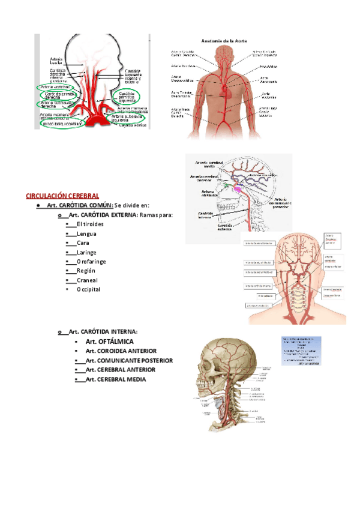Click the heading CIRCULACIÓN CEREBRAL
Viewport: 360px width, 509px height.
tap(62, 196)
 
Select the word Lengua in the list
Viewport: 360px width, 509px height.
tap(86, 234)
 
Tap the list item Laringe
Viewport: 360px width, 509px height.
tap(86, 253)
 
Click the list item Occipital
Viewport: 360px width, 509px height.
tap(88, 289)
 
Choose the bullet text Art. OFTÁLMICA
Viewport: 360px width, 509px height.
tap(109, 342)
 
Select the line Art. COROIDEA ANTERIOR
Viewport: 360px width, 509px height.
tap(121, 351)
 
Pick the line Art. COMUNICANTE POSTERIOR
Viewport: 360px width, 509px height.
tap(129, 360)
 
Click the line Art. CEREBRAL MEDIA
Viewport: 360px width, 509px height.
tap(116, 379)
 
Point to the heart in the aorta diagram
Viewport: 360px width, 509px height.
tap(227, 90)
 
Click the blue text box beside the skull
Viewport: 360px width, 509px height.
tap(301, 351)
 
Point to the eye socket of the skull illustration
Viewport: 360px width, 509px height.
tap(212, 360)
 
